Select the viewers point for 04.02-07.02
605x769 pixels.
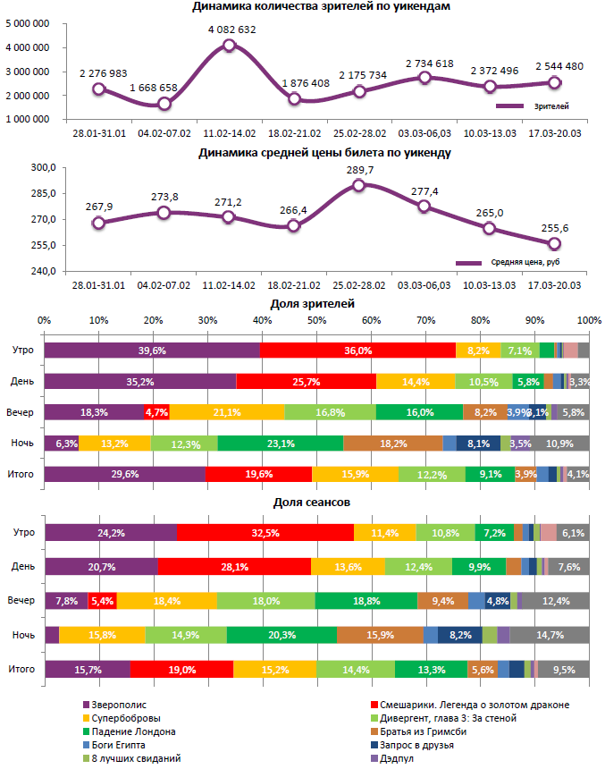164,104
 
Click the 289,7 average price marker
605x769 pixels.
358,185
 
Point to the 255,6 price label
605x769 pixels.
554,229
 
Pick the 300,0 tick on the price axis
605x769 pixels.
43,167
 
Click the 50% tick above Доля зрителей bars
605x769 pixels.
316,319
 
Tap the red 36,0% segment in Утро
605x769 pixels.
357,351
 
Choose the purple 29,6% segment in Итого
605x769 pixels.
124,474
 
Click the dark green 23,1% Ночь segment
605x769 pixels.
280,443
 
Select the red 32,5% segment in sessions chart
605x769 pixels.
265,533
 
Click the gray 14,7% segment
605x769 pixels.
549,635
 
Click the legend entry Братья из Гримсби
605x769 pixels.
428,731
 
